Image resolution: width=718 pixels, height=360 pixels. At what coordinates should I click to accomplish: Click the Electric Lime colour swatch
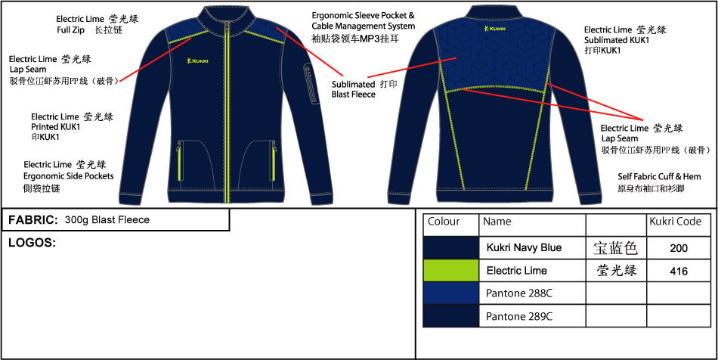coord(450,270)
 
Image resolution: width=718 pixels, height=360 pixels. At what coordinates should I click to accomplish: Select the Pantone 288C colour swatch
coord(450,293)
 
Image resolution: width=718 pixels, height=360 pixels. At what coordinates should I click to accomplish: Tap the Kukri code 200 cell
coord(679,247)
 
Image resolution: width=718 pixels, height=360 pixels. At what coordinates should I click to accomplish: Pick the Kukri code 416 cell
coord(679,270)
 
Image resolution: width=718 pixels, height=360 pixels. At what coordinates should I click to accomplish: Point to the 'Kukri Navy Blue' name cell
coord(524,247)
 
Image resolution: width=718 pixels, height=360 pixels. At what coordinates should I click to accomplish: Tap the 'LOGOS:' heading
coord(32,243)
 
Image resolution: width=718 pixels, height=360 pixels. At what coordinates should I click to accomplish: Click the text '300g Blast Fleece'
coord(107,220)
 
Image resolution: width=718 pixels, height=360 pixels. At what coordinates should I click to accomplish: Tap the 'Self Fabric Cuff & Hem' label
coord(655,176)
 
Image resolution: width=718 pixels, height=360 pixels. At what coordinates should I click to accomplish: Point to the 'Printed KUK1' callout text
coord(55,127)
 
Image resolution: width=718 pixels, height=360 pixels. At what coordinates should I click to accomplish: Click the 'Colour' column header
coord(444,222)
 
